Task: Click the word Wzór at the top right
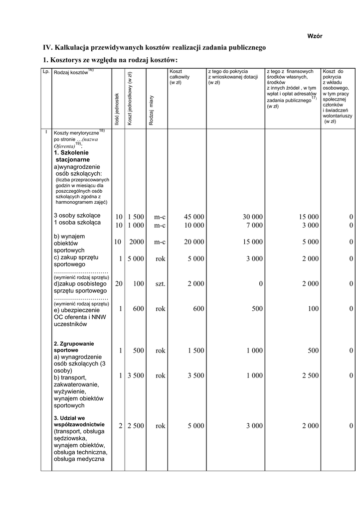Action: pos(314,37)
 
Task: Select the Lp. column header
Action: pos(46,72)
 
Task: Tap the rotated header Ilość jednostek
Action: pos(117,109)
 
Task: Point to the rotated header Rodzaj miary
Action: pos(151,110)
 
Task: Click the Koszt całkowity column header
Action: pos(180,77)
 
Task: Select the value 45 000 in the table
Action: pos(193,217)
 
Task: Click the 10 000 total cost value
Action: pos(193,226)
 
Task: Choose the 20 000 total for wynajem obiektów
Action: pos(193,243)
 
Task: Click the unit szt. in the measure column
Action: pos(160,284)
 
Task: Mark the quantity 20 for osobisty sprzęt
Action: pos(118,284)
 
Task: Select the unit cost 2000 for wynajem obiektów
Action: pos(136,243)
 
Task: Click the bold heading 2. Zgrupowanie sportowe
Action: pos(73,347)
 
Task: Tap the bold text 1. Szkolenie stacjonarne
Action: pos(72,156)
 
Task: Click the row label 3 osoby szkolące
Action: pos(77,216)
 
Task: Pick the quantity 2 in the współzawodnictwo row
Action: pos(120,426)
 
